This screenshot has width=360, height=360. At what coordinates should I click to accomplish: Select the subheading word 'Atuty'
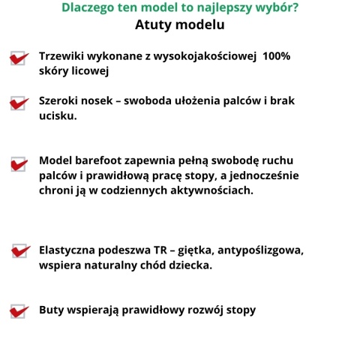[155, 25]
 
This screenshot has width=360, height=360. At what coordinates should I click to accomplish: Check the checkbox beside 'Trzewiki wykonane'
[19, 58]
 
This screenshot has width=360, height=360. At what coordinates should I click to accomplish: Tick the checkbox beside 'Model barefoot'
[19, 163]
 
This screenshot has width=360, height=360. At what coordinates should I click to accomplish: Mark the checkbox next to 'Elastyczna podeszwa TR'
[20, 251]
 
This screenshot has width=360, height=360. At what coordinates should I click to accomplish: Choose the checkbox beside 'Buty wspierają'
[19, 310]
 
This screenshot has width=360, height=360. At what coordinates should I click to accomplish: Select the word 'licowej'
[91, 71]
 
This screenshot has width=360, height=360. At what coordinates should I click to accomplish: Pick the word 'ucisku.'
[58, 116]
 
